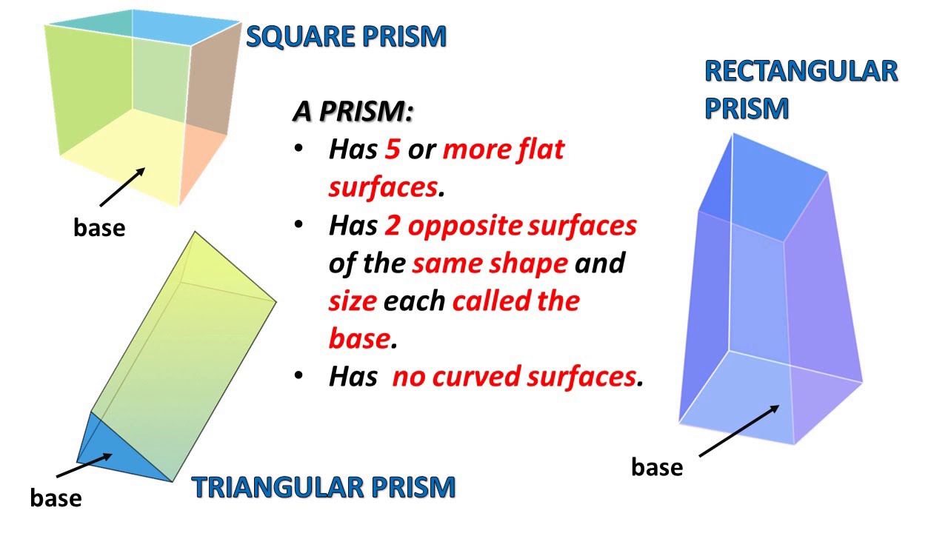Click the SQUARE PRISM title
[346, 36]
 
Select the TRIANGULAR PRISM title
[323, 487]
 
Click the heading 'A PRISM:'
[353, 112]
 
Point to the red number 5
[392, 150]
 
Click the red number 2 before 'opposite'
[392, 226]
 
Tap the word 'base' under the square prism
[99, 227]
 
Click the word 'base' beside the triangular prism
[56, 497]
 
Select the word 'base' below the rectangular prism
[657, 467]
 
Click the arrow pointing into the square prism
[121, 187]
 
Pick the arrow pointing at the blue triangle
[84, 466]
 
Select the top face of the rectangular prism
[763, 194]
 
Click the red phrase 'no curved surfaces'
[513, 377]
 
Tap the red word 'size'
[353, 301]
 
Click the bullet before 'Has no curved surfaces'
[298, 375]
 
